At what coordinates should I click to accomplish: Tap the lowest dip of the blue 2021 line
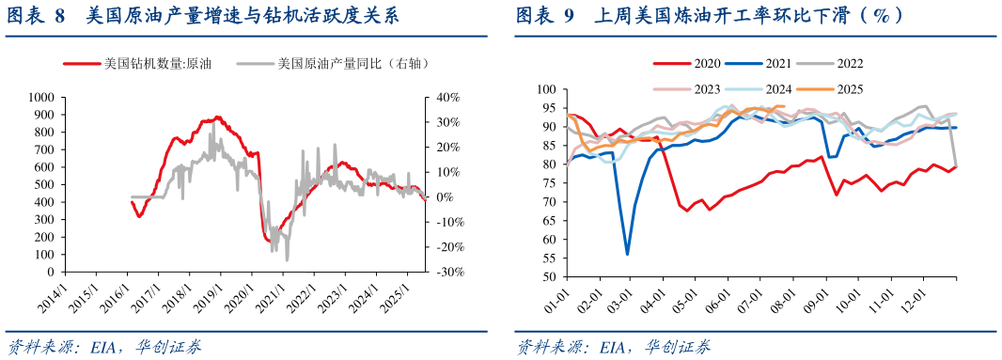[627, 254]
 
